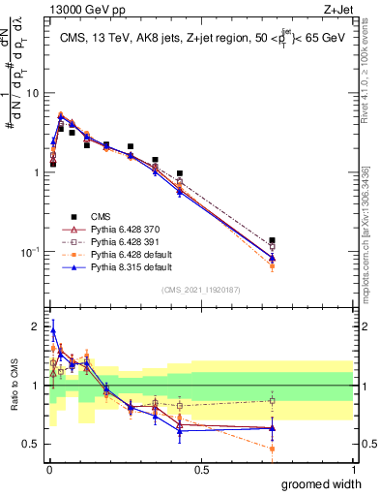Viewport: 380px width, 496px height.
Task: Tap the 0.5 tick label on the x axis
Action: click(x=201, y=469)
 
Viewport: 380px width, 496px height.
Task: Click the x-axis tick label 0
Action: click(x=48, y=469)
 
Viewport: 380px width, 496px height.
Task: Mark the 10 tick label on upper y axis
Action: click(x=32, y=93)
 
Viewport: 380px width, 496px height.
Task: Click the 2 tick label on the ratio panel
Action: click(x=36, y=325)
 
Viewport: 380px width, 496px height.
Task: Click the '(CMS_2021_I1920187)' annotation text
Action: click(x=201, y=290)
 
